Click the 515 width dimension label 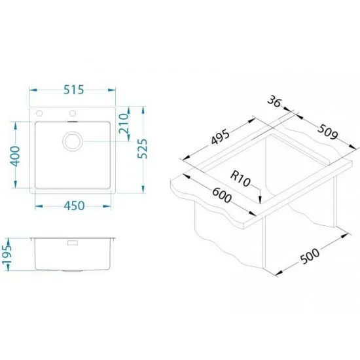74,90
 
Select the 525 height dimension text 143,149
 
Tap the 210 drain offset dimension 123,124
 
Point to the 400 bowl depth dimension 15,156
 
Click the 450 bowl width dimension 74,206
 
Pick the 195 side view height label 6,255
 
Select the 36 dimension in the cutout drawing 274,101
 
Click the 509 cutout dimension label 328,132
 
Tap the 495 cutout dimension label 220,137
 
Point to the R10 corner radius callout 240,179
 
